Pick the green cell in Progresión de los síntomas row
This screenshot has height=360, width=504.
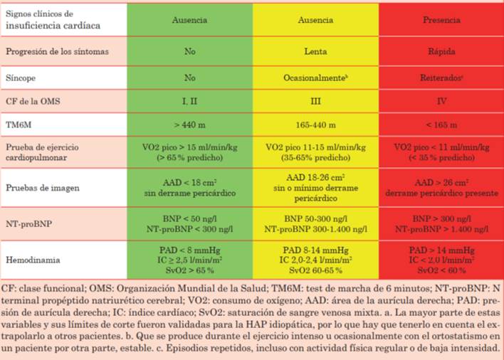189,51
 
